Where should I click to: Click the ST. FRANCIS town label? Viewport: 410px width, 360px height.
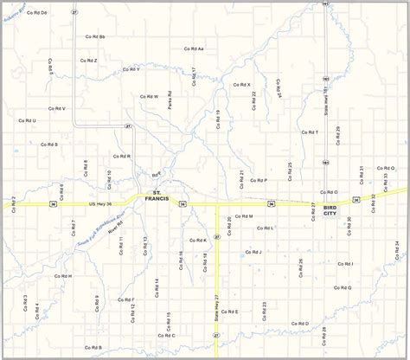coord(157,196)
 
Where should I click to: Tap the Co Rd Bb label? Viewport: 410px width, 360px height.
coord(95,37)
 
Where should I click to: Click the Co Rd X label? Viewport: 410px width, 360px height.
coord(242,84)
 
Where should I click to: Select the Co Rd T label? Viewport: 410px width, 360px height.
coord(310,132)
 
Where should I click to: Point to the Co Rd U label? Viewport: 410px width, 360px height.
coord(27,120)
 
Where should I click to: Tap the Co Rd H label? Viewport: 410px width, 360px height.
coord(63,276)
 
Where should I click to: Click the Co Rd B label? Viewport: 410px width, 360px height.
coord(93,347)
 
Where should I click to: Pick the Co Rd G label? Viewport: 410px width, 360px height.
coord(343,286)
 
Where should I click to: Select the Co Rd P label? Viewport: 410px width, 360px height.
coord(259,180)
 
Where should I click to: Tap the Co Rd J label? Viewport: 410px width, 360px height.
coord(253,252)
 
